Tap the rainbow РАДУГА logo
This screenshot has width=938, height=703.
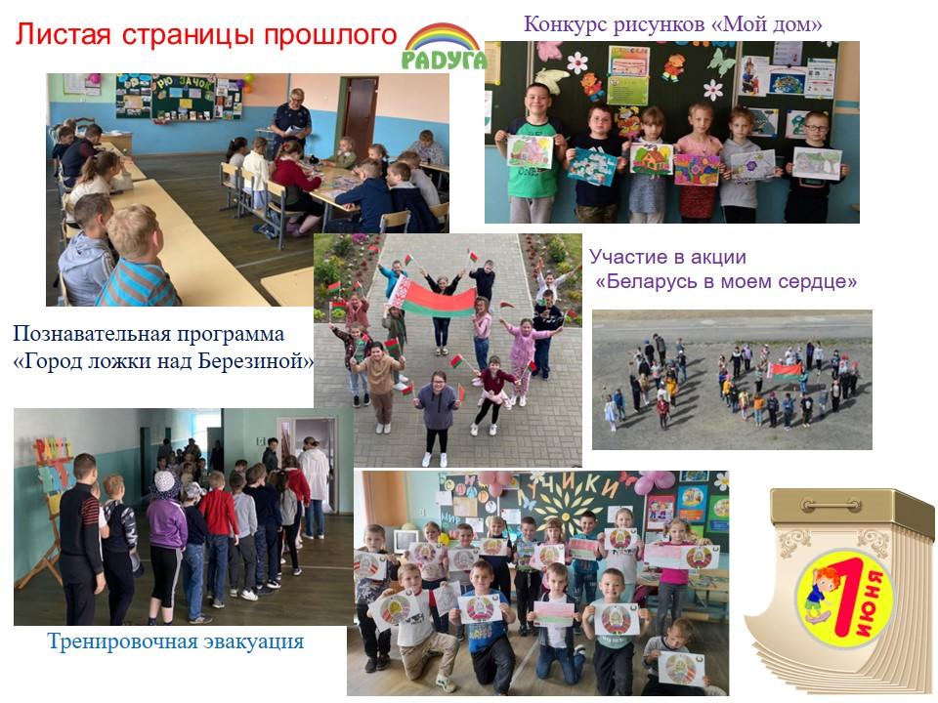444,47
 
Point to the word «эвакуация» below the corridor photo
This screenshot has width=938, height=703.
254,641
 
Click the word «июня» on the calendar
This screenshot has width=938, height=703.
874,602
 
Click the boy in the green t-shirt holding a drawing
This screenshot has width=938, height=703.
532,152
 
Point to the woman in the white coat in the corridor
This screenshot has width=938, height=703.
313,485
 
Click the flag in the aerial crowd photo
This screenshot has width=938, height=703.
785,372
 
